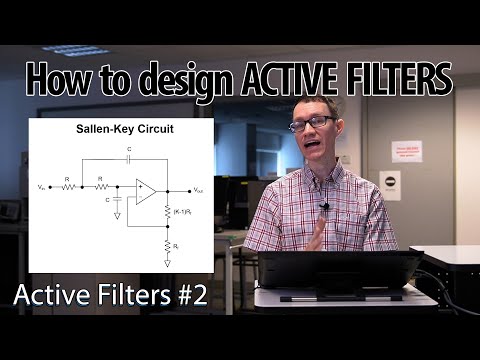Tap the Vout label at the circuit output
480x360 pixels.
coord(199,188)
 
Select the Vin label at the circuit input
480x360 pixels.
coord(41,187)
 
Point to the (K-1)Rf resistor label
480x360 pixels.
coord(182,213)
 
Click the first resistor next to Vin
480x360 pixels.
coord(67,187)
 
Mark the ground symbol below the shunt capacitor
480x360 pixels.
coord(117,216)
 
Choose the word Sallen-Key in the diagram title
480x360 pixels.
coord(106,130)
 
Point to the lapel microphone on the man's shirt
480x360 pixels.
coord(324,208)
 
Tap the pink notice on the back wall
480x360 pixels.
coord(406,151)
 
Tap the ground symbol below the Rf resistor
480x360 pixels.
coord(167,263)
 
